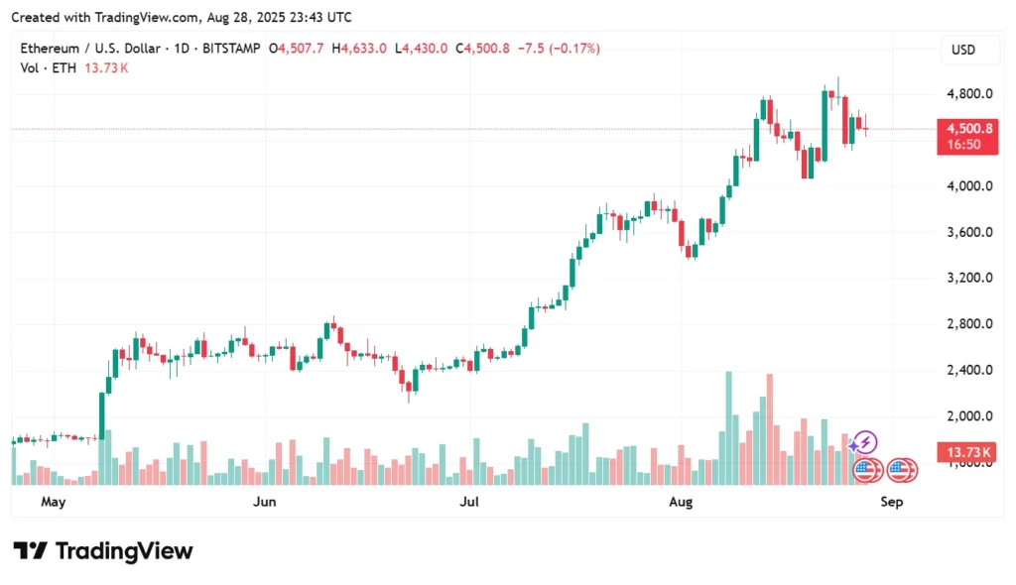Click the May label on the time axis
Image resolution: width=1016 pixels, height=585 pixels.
(53, 503)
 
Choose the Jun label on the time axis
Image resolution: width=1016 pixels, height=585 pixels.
(264, 503)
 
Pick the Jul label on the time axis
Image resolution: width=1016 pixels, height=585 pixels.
(469, 503)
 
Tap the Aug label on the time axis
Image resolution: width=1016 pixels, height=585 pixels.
(680, 503)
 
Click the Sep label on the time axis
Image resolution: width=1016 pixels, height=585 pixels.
(891, 503)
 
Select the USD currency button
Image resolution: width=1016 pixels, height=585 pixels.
(963, 50)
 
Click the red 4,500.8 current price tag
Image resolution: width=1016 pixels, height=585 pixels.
(965, 129)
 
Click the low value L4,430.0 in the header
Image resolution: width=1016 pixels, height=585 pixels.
(422, 49)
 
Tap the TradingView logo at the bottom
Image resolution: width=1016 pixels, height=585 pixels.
(103, 551)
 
